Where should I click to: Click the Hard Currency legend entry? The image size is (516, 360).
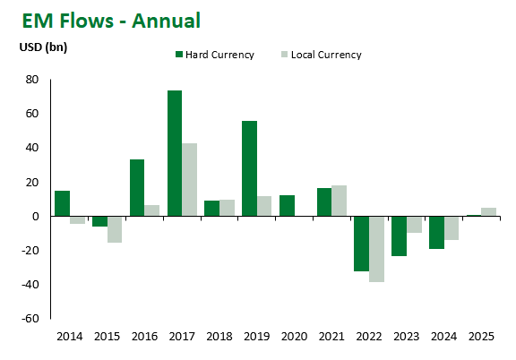click(x=215, y=55)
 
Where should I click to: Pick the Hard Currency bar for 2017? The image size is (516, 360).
click(x=174, y=153)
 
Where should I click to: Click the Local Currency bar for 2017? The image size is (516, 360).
click(x=189, y=179)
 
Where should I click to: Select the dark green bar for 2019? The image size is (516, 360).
click(x=249, y=168)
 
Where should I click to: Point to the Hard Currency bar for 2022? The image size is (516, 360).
click(x=361, y=243)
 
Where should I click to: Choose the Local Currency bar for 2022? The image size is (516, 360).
click(x=376, y=249)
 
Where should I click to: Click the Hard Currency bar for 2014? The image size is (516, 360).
click(x=62, y=203)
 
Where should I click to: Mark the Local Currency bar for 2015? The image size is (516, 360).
click(x=115, y=229)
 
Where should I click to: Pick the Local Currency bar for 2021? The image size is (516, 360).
click(x=339, y=201)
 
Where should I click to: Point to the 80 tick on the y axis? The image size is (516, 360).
click(x=31, y=80)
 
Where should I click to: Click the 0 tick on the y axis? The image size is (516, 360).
click(x=35, y=217)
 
